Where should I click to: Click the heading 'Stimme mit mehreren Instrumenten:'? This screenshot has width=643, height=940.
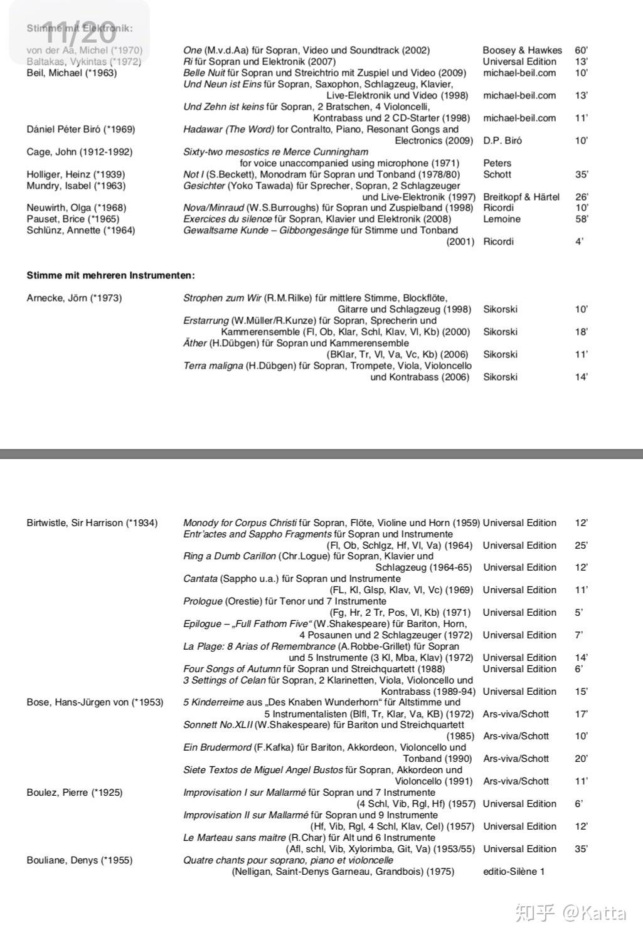[110, 275]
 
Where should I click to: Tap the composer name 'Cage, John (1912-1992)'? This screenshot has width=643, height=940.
[80, 152]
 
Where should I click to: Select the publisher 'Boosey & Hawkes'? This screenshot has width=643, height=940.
[522, 50]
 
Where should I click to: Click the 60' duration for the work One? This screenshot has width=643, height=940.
[581, 50]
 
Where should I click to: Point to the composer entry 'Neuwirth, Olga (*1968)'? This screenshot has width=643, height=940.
[76, 208]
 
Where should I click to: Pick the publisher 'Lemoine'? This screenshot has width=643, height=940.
[502, 219]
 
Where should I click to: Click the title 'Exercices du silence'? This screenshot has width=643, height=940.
[228, 219]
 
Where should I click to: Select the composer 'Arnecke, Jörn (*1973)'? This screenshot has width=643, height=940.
[74, 298]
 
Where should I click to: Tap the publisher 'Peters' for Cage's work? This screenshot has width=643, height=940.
[497, 163]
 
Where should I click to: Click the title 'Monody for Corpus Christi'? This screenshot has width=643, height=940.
[240, 522]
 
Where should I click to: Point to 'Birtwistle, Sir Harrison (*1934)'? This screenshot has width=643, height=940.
[92, 522]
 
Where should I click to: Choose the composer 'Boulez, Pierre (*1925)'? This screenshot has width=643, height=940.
[75, 792]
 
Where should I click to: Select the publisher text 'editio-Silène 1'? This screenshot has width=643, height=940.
[514, 871]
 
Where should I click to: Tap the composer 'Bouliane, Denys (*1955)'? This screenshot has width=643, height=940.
[80, 860]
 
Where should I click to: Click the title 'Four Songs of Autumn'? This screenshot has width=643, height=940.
[232, 668]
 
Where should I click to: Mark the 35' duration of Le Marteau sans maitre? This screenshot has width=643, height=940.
[581, 848]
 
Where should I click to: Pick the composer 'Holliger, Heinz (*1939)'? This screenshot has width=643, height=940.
[76, 174]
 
